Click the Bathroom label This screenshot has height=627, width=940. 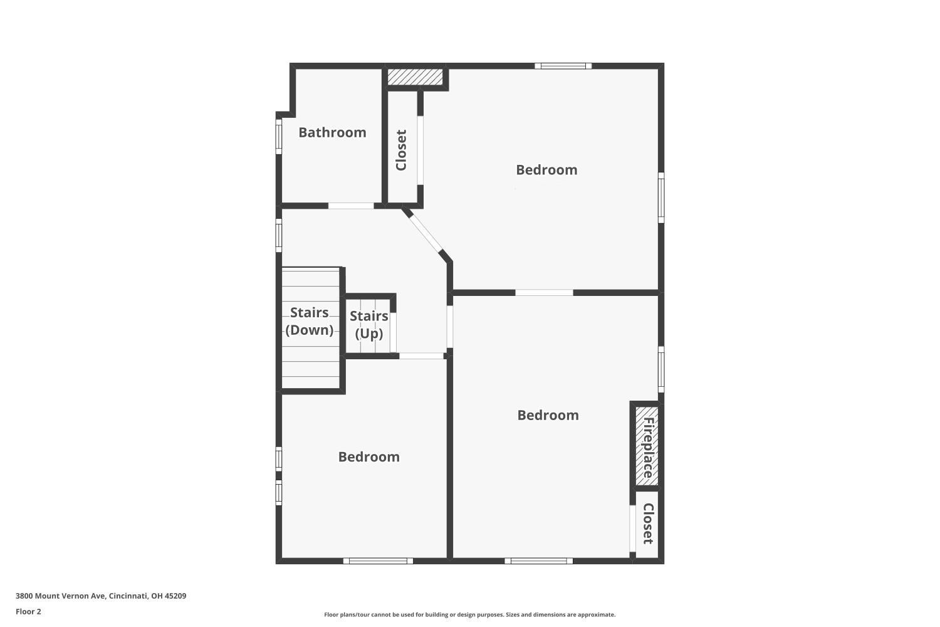coord(332,133)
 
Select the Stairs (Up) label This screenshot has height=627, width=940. coord(369,325)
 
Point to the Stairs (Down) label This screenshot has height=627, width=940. coord(310,321)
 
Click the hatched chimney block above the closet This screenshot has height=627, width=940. coord(415,77)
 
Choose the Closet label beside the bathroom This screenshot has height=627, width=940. coord(402,150)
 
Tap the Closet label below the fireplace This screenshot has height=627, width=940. coord(649,524)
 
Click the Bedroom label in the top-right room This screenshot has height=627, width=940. coord(546,170)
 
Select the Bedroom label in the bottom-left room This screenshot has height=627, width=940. coord(369,457)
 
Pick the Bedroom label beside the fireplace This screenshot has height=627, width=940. coord(548,415)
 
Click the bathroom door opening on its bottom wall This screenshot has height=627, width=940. coord(351,206)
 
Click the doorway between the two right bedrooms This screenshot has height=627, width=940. coord(545,293)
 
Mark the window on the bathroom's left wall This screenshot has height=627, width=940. coord(279,137)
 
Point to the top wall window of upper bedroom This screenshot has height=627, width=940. coord(563,66)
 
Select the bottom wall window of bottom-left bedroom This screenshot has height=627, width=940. coord(378,561)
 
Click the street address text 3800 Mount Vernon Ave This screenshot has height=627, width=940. coord(61,596)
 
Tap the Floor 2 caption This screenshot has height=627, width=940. coord(29,611)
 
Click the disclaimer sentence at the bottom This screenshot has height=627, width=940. coord(469,615)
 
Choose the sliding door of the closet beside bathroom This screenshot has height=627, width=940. coord(420,150)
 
